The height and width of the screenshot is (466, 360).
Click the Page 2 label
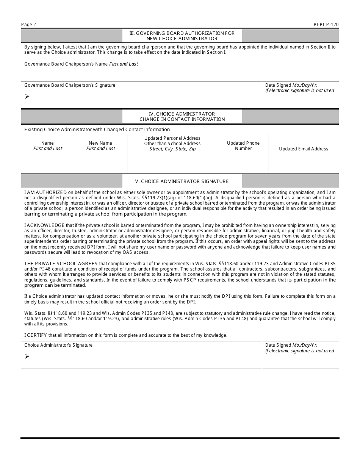coord(29,25)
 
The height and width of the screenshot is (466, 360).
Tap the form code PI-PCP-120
coord(326,25)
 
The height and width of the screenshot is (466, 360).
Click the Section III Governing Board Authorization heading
coord(182,36)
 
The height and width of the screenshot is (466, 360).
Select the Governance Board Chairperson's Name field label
coord(81,64)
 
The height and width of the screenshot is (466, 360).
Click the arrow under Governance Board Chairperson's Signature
coord(27,97)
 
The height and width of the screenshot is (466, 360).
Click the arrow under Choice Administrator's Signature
coord(27,357)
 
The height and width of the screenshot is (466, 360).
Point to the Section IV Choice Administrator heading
coord(182,116)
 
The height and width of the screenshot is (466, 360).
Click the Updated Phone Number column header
coord(243,146)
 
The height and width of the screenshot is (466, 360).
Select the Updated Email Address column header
coord(304,149)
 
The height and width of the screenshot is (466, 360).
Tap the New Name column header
coord(100,146)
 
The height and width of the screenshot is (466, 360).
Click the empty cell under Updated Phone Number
coord(243,163)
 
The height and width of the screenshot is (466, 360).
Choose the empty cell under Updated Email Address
coord(304,163)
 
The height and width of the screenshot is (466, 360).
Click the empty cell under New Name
coord(100,163)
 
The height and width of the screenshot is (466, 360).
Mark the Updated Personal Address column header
coord(172,144)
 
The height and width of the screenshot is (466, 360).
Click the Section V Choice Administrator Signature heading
coord(182,181)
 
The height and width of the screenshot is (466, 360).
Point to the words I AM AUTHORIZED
coord(45,192)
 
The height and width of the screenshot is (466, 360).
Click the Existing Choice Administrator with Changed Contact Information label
coord(97,130)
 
